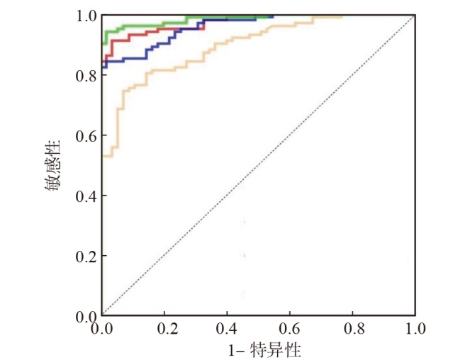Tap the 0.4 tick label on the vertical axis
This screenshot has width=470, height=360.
click(86, 196)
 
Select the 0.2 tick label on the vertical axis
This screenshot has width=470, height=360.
click(86, 256)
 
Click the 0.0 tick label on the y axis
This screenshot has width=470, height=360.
click(86, 315)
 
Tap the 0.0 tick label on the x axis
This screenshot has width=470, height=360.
click(102, 330)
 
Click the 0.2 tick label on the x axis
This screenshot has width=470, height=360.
click(164, 330)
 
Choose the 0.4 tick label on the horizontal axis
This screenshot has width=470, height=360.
click(227, 330)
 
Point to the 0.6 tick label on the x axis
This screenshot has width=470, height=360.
click(290, 330)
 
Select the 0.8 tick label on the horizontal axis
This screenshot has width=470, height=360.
click(352, 330)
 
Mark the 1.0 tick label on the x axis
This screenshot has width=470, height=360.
click(415, 330)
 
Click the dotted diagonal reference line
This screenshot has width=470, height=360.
click(258, 165)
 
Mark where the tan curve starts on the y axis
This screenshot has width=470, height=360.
click(103, 156)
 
